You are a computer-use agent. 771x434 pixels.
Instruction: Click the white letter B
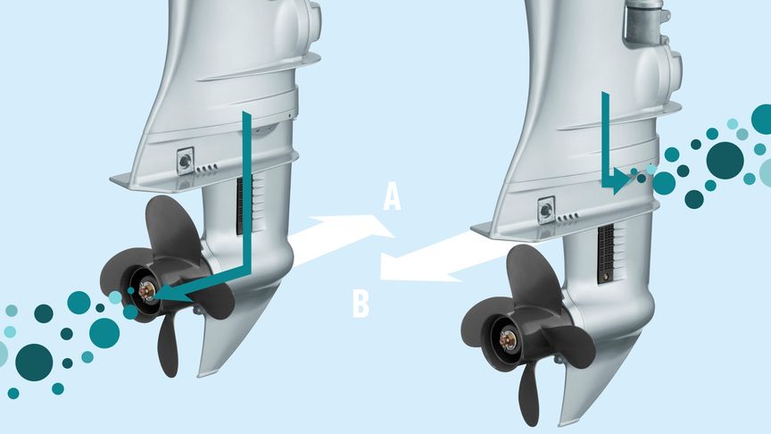click(x=361, y=305)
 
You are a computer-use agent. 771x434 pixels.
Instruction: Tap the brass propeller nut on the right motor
click(x=508, y=339)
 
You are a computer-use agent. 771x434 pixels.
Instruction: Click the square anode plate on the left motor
click(x=186, y=161)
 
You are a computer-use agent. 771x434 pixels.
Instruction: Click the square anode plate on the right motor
click(x=546, y=211)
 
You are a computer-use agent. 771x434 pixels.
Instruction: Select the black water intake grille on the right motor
click(x=606, y=255)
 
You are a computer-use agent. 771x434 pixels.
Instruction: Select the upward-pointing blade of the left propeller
click(x=172, y=226)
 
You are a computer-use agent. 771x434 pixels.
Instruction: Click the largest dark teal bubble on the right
click(x=725, y=160)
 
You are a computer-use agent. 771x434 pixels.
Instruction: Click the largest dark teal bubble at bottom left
click(x=34, y=363)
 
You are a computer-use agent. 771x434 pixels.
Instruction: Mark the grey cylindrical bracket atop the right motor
click(x=645, y=22)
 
